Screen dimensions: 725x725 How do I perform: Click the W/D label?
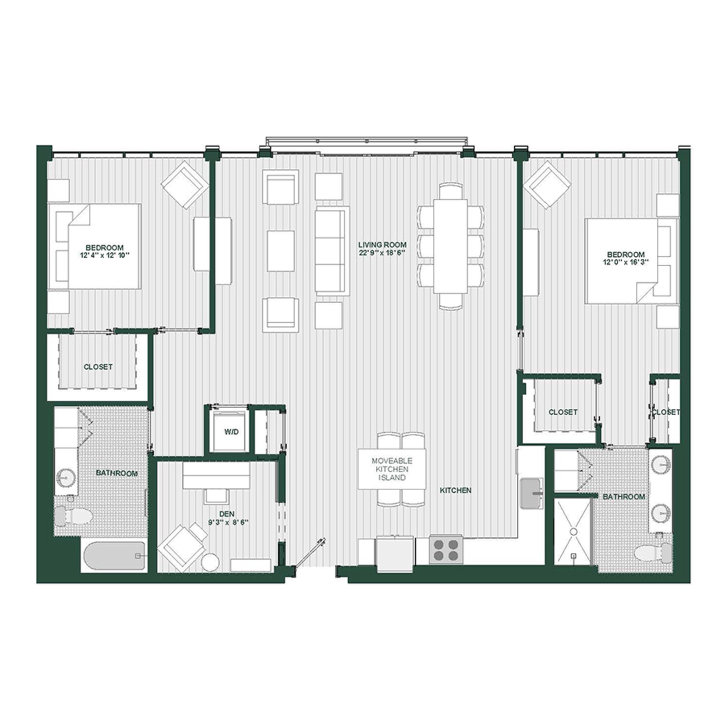[x=231, y=432]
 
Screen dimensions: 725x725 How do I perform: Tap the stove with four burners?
[x=446, y=549]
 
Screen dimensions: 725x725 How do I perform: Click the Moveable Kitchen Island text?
[x=391, y=469]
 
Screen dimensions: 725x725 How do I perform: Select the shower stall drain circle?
[x=573, y=531]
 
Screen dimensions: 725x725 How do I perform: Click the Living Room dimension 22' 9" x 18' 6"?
[x=382, y=253]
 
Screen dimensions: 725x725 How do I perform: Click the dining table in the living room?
[x=450, y=246]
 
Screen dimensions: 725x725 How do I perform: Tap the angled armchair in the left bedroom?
[x=184, y=184]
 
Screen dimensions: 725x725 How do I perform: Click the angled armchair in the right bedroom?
[x=548, y=184]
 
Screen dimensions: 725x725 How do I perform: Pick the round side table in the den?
[x=210, y=563]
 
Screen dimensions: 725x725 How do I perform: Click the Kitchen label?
[x=455, y=490]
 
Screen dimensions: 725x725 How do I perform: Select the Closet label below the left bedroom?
[x=98, y=367]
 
